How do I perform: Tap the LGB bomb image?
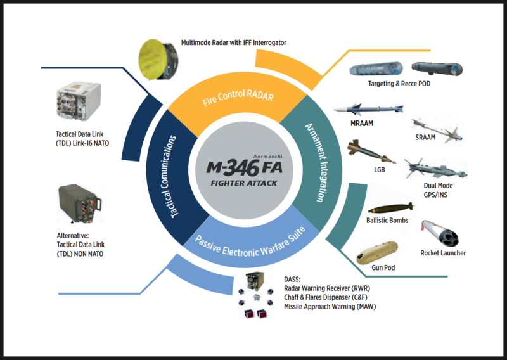tap(370, 153)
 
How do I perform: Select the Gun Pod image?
tap(378, 253)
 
